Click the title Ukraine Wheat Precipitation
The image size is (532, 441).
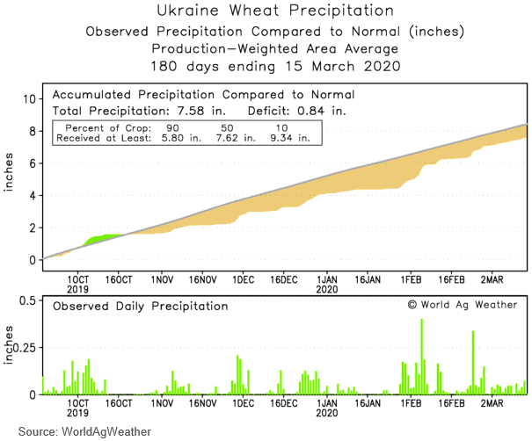[275, 11]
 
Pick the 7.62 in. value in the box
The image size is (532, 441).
[229, 137]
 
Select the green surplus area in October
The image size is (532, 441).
[106, 238]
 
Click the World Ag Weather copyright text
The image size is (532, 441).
[463, 305]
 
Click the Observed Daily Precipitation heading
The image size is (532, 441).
[140, 307]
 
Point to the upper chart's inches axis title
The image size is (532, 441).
[10, 178]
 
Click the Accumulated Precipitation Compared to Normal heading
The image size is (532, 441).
[203, 94]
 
